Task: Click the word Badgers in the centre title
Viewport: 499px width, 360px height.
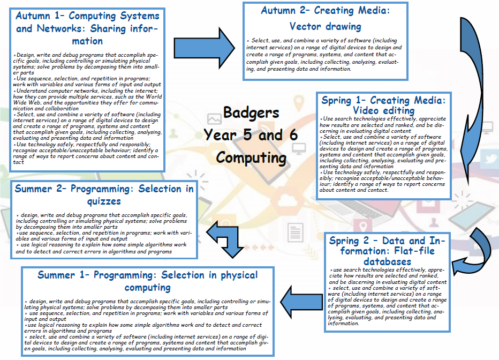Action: (x=251, y=113)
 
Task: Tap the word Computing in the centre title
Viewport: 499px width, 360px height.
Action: (x=252, y=158)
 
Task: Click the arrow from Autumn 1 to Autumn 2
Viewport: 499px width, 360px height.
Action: (x=205, y=48)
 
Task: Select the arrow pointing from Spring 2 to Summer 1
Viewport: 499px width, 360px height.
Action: (x=301, y=302)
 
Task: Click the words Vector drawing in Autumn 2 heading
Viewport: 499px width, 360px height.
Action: (x=325, y=26)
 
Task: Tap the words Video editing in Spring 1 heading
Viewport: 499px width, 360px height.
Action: (x=383, y=110)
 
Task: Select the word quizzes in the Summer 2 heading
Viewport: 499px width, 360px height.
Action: (x=104, y=201)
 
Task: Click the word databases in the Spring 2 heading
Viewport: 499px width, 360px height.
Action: (x=387, y=261)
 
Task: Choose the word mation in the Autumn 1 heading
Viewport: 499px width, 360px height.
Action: (x=87, y=41)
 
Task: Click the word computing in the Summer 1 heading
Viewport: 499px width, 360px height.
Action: (x=147, y=288)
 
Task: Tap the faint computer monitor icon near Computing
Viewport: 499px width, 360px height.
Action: (x=299, y=148)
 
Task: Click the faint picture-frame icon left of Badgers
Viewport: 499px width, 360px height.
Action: (x=214, y=119)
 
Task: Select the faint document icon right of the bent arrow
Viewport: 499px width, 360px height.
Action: (x=295, y=232)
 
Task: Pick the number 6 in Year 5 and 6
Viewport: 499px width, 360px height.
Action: (x=293, y=135)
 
